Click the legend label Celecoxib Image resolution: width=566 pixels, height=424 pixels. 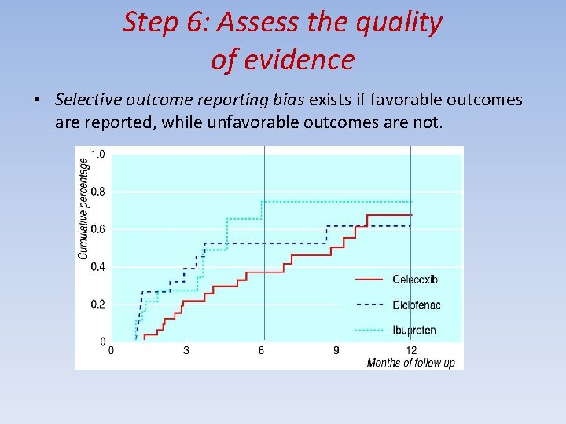(x=415, y=280)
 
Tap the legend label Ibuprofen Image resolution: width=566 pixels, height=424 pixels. (x=413, y=330)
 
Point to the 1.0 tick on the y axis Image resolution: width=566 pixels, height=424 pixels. (x=98, y=154)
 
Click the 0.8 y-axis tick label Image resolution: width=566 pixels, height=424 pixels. (x=98, y=192)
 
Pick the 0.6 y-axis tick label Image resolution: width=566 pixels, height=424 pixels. (x=98, y=229)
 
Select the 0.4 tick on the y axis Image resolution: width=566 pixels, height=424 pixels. (x=98, y=267)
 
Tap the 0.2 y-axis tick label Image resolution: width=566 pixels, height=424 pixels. (x=98, y=305)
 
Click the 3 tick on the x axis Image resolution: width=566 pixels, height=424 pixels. (x=186, y=350)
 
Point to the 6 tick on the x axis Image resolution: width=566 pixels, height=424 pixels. (x=261, y=350)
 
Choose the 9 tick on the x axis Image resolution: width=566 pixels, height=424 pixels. (x=336, y=350)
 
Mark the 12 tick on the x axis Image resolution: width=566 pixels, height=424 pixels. (x=411, y=350)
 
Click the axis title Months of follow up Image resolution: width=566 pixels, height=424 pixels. (x=410, y=363)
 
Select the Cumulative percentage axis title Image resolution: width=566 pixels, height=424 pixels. (x=84, y=208)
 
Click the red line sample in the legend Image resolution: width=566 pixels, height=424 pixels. (x=369, y=280)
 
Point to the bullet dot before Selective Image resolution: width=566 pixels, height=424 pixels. (x=37, y=101)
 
